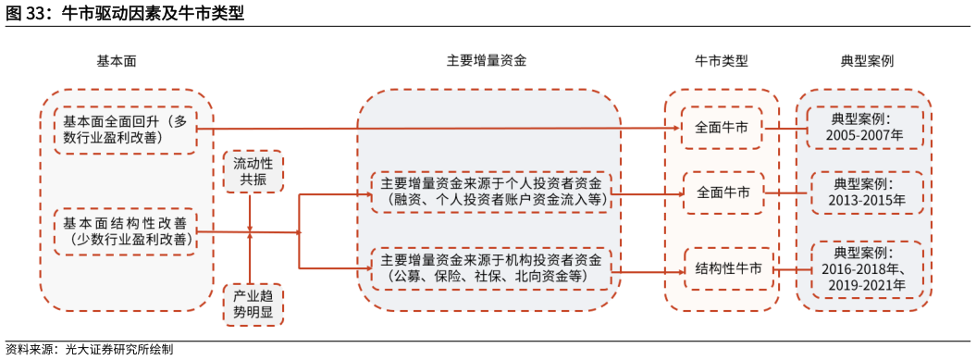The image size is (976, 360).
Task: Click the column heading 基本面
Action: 117,61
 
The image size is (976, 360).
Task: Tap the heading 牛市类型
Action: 722,61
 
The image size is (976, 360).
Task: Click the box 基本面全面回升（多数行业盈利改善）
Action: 125,130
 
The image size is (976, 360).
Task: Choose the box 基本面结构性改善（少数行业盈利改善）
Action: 125,231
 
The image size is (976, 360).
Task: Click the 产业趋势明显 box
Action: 253,304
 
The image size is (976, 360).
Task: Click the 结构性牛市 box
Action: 729,268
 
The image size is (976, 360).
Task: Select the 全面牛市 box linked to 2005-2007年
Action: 723,128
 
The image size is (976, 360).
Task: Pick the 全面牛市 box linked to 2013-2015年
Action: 723,193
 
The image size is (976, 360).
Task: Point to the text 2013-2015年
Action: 867,199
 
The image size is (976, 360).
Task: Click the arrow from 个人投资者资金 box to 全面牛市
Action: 648,193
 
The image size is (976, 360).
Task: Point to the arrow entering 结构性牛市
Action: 648,270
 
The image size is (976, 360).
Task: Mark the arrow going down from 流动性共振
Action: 251,211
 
